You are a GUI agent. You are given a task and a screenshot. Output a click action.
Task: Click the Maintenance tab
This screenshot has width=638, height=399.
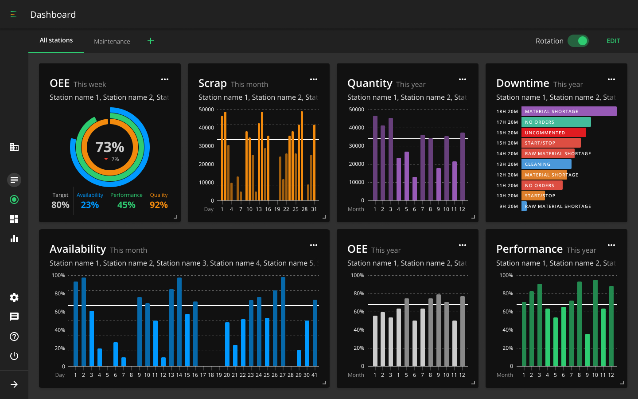(x=112, y=41)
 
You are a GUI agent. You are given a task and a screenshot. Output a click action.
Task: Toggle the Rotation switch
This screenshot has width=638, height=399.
(x=578, y=41)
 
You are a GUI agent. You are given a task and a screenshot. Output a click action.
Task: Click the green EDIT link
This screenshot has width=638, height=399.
(x=613, y=41)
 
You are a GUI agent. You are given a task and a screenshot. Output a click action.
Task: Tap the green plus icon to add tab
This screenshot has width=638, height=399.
(x=151, y=41)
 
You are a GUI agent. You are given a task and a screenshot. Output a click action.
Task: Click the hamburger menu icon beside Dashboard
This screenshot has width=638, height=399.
(x=13, y=14)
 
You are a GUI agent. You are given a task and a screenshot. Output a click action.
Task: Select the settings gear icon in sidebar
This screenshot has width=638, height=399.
(x=14, y=297)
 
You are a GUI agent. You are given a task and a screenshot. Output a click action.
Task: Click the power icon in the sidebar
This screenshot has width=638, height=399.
(x=14, y=356)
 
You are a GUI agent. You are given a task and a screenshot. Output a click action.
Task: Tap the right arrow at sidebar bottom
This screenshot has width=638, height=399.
(x=14, y=384)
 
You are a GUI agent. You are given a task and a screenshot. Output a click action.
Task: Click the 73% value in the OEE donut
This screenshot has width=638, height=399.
(x=110, y=147)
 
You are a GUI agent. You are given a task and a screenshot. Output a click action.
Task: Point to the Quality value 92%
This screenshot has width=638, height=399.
(x=159, y=205)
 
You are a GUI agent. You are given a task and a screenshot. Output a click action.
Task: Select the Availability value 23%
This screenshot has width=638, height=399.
(x=89, y=205)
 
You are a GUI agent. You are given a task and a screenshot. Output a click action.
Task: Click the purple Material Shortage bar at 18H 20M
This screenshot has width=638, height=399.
(x=569, y=111)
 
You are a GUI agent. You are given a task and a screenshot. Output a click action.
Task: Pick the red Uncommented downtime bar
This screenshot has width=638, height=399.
(x=554, y=133)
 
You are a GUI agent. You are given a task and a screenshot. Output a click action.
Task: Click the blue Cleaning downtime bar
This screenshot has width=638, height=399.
(x=546, y=164)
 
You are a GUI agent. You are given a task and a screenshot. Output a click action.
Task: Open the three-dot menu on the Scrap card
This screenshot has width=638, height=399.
(x=314, y=79)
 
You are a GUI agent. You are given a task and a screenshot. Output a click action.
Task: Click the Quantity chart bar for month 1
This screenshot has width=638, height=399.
(x=375, y=158)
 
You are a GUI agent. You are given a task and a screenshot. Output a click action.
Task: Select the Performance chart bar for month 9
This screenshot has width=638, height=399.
(x=587, y=350)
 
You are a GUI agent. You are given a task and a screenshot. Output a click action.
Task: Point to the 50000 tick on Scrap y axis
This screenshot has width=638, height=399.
(x=206, y=110)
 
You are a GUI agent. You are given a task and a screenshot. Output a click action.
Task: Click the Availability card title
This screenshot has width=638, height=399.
(x=78, y=249)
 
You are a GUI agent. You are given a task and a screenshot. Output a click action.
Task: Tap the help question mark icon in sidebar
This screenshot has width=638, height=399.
(x=14, y=336)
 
